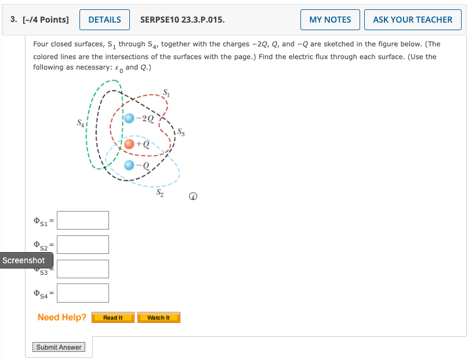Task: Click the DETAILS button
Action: coord(104,20)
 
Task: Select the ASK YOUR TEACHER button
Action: coord(412,20)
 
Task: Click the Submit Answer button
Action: coord(59,347)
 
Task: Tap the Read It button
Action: coord(113,318)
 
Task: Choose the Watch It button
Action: coord(159,318)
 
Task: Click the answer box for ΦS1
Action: coord(83,220)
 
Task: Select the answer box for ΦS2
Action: coord(83,245)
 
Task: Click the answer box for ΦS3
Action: coord(83,269)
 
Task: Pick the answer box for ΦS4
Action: coord(83,293)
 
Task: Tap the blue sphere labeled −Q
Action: coord(130,165)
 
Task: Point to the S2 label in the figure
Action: coord(159,194)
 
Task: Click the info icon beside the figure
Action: coord(193,198)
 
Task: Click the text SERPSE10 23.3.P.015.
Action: coord(183,20)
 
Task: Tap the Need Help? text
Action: coord(61,317)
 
